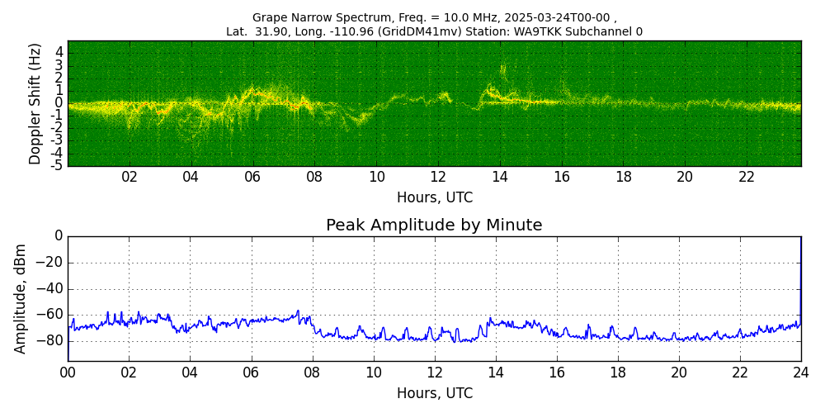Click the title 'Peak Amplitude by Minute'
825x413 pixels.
[x=434, y=225]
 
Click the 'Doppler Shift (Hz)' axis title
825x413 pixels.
[x=35, y=104]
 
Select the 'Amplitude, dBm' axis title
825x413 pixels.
[x=21, y=298]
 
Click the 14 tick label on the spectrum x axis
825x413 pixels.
[x=500, y=177]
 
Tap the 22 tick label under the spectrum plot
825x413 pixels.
[x=747, y=177]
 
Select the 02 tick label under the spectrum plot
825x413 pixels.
[x=130, y=177]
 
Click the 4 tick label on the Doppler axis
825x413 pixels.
[x=59, y=52]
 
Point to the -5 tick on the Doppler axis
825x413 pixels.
[x=56, y=166]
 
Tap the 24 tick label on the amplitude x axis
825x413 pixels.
[x=801, y=373]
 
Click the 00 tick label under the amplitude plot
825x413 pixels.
[x=68, y=373]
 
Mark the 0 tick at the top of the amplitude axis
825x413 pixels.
[x=59, y=236]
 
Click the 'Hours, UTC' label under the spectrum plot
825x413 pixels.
[x=435, y=198]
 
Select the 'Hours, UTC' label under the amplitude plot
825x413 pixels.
[x=435, y=394]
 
